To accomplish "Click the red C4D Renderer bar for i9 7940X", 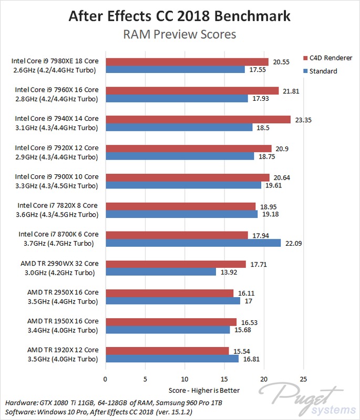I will point(198,119).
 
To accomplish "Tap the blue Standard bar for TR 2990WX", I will point(160,272).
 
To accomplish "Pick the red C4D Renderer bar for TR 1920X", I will point(167,350).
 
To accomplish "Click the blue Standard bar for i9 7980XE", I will point(175,69).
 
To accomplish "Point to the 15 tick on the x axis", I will point(224,378).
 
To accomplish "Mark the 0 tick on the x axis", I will point(106,378).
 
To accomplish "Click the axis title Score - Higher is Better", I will point(204,390).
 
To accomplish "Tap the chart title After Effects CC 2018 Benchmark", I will point(180,16).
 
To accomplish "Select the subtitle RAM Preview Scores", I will point(180,35).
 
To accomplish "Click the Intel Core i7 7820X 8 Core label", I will point(58,205).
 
